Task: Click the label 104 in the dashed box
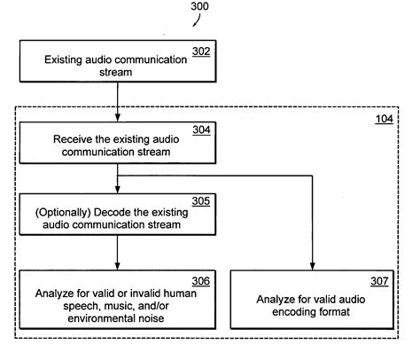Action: tap(384, 119)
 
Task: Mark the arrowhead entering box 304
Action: tap(118, 118)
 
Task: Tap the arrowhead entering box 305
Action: tap(118, 191)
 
